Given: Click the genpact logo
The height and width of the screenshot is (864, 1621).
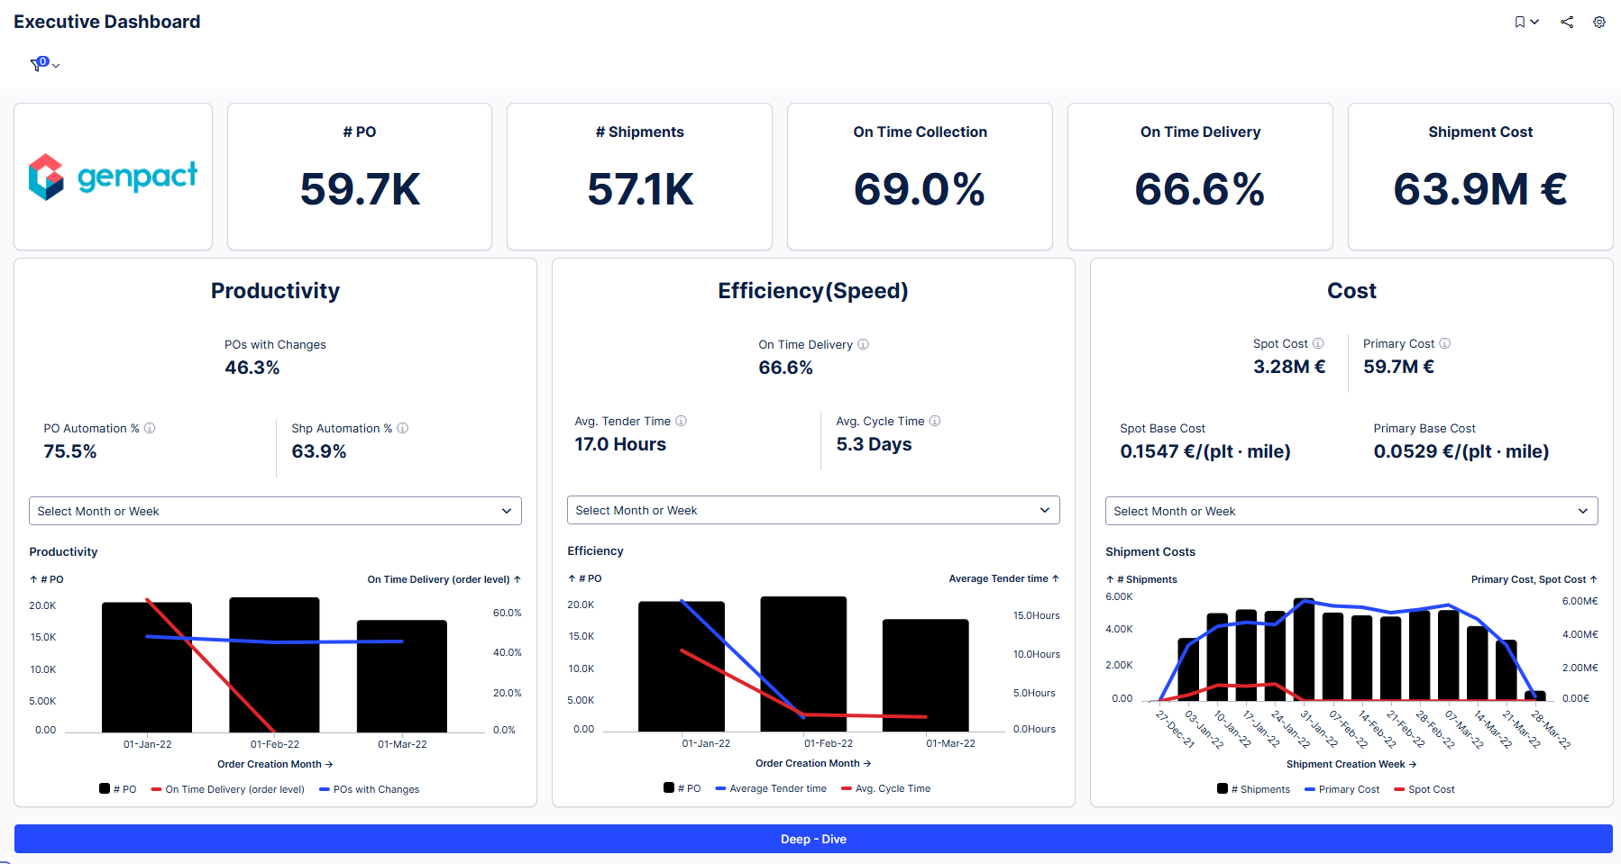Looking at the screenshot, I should [x=113, y=177].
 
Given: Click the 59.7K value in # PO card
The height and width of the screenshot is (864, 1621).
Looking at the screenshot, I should [x=360, y=189].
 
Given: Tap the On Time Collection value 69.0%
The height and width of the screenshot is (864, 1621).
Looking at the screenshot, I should [x=919, y=189].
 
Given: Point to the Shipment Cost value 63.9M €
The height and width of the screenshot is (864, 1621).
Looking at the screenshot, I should [x=1479, y=189].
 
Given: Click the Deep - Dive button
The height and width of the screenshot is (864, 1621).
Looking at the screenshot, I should [x=813, y=839].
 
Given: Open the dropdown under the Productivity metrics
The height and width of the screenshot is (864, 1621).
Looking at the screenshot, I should [x=275, y=511].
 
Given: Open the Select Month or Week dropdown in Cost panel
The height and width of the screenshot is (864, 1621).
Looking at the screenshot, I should [x=1351, y=511].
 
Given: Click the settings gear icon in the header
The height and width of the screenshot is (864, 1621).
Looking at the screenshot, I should [x=1598, y=23].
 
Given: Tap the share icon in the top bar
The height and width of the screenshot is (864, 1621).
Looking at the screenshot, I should [x=1567, y=23].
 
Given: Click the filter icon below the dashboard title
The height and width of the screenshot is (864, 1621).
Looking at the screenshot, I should [x=38, y=64].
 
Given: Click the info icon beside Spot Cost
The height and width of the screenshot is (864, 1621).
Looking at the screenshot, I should [x=1318, y=343].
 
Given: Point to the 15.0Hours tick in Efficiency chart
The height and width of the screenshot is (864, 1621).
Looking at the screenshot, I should [x=1036, y=615].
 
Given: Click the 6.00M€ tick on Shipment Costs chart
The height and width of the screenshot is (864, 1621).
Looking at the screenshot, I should [x=1580, y=601].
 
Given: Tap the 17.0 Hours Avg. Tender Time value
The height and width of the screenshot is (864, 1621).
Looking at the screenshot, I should [x=620, y=444].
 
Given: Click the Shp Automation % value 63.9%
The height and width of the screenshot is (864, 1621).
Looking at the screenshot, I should [x=318, y=451].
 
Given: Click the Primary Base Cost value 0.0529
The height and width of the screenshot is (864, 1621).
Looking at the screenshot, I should [x=1461, y=451].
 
